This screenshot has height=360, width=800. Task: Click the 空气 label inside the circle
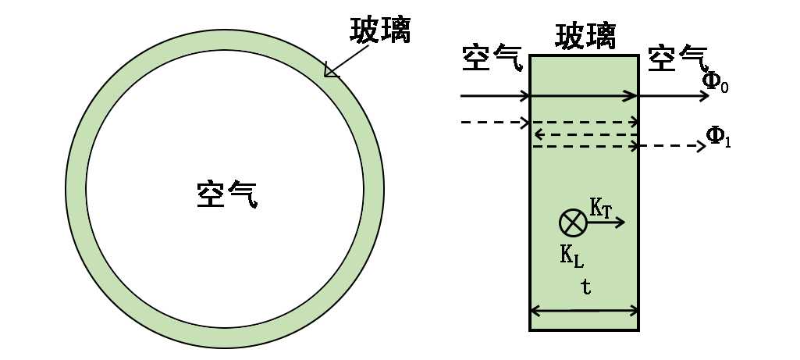pyautogui.click(x=226, y=194)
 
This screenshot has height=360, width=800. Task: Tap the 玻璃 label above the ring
pyautogui.click(x=380, y=30)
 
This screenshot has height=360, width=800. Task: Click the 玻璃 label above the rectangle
pyautogui.click(x=585, y=35)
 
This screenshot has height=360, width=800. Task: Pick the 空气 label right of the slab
pyautogui.click(x=677, y=57)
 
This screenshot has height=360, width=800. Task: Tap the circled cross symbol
pyautogui.click(x=573, y=223)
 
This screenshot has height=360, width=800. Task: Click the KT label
pyautogui.click(x=600, y=208)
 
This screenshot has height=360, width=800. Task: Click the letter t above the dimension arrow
pyautogui.click(x=586, y=287)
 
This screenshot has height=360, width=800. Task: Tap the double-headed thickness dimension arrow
pyautogui.click(x=585, y=311)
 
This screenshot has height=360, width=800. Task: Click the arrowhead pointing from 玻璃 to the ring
pyautogui.click(x=332, y=72)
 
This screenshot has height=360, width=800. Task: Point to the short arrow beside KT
pyautogui.click(x=607, y=223)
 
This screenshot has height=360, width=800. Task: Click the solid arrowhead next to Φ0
pyautogui.click(x=705, y=97)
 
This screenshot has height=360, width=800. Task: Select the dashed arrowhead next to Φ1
pyautogui.click(x=701, y=146)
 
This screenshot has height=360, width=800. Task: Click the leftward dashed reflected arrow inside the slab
pyautogui.click(x=585, y=134)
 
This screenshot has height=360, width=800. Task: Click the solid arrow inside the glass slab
pyautogui.click(x=585, y=97)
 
